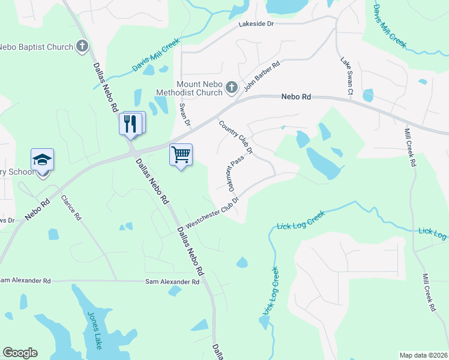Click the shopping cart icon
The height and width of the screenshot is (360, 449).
coord(181,155)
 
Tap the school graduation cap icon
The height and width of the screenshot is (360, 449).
coord(43,160)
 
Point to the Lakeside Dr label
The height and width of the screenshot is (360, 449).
coord(256,23)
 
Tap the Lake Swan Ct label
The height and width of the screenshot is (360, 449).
coord(346,76)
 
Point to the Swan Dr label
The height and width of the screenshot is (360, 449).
coord(184,115)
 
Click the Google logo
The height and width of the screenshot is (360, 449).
coord(20,353)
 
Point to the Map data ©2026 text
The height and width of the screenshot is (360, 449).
coord(423,355)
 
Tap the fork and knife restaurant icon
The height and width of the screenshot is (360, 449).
coord(131,124)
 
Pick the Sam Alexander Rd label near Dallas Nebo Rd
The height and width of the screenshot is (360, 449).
coord(172,281)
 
